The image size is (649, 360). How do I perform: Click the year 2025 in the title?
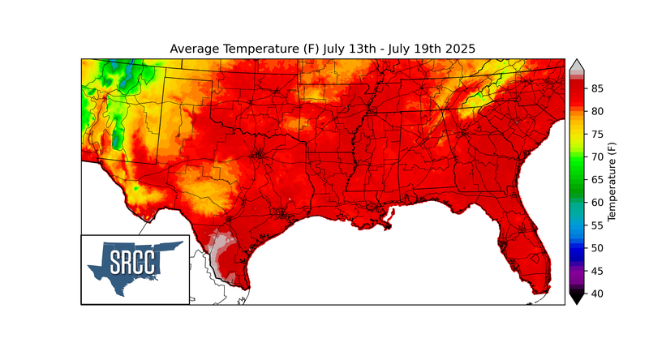coord(457,49)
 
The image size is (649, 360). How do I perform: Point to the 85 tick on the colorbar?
coord(596,88)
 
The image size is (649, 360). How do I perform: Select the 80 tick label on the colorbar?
coord(596,110)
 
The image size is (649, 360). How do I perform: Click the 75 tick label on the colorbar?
coord(596,133)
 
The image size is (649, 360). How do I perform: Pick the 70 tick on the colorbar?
coord(596,156)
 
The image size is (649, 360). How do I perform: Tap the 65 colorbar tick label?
coord(596,178)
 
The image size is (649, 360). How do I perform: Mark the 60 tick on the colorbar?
coord(596,202)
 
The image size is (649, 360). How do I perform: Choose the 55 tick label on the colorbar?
coord(596,225)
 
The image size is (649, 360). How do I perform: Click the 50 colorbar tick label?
coord(596,247)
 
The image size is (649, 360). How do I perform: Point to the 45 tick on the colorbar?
coord(596,270)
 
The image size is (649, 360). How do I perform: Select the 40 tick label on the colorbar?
coord(596,293)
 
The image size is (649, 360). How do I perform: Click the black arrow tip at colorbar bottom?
coord(576,299)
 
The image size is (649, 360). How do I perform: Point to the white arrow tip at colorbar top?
coord(576,64)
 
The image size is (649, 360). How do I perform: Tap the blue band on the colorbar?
coord(576,239)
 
